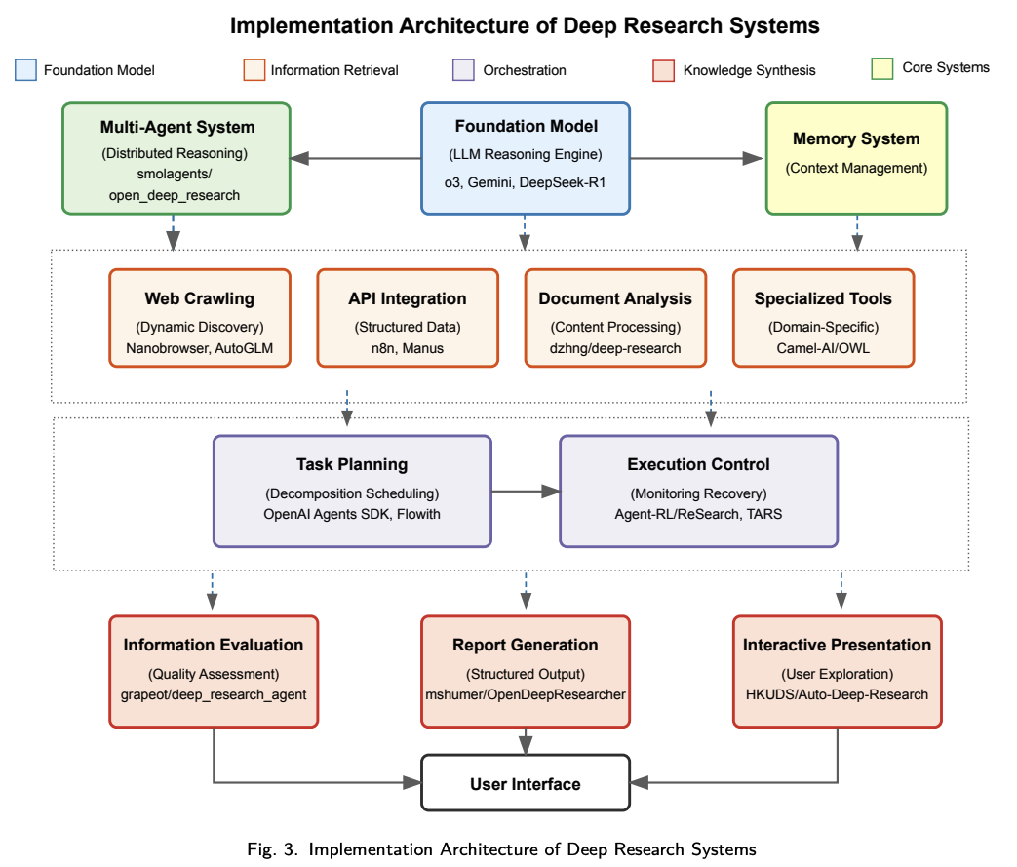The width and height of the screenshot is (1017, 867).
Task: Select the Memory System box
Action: [856, 157]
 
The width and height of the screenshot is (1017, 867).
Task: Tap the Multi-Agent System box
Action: [176, 157]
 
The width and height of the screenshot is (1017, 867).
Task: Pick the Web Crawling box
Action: [199, 318]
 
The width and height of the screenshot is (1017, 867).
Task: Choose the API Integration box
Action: [408, 318]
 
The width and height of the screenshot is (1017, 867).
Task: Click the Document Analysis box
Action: [615, 318]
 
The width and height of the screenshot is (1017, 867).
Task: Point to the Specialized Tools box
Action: [823, 318]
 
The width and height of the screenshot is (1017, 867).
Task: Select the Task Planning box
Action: [352, 491]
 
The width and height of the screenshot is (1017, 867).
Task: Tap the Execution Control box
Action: [698, 491]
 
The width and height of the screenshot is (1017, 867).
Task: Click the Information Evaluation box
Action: [213, 671]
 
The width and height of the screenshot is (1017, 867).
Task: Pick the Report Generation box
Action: [526, 671]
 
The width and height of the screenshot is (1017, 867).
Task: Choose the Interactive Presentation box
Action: [837, 671]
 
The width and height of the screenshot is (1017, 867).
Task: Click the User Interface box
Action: [526, 783]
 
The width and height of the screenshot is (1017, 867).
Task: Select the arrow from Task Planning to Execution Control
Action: [526, 492]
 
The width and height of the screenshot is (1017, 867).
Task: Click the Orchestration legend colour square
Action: [464, 70]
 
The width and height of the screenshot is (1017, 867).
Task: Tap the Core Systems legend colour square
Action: [882, 68]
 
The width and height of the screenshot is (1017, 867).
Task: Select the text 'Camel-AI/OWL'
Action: [823, 348]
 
